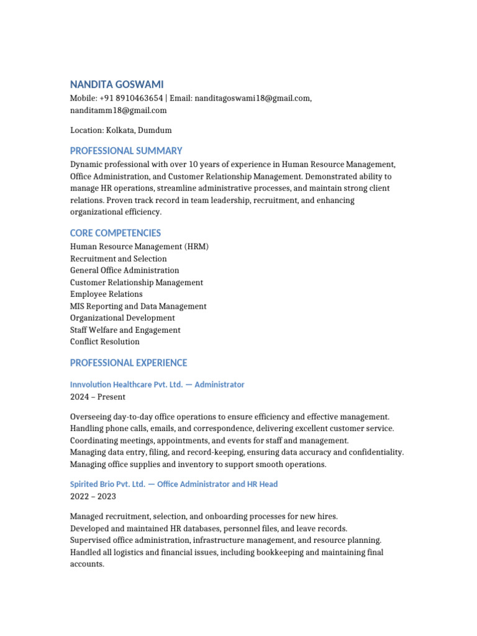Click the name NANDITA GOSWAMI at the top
(x=117, y=84)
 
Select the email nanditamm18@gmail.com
(x=118, y=111)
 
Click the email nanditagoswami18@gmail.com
(x=252, y=98)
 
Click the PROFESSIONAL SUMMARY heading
(x=126, y=151)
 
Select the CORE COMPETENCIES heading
(x=116, y=233)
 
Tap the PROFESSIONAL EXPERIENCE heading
(x=129, y=363)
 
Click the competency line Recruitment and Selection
(x=118, y=258)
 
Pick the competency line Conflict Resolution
(x=105, y=342)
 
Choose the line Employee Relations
(x=106, y=294)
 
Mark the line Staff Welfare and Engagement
(x=125, y=330)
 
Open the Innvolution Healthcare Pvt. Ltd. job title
(x=157, y=384)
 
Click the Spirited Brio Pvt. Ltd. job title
(x=174, y=484)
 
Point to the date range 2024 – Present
(x=98, y=397)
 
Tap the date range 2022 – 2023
(x=93, y=496)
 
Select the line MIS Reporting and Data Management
(x=138, y=306)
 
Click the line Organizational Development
(x=122, y=318)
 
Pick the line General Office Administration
(x=124, y=270)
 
